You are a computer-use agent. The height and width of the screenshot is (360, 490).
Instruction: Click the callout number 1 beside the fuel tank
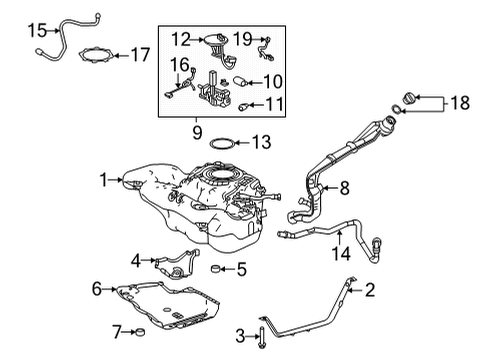102,181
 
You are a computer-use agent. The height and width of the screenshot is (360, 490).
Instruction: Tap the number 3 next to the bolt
240,334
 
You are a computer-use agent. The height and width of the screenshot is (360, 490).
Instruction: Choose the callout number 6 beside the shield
98,289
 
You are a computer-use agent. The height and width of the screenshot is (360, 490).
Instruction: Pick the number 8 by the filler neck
343,187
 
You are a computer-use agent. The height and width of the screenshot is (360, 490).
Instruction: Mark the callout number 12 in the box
180,39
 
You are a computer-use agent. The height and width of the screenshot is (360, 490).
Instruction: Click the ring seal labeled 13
224,144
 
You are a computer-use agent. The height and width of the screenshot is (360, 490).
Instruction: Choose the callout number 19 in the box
242,39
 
